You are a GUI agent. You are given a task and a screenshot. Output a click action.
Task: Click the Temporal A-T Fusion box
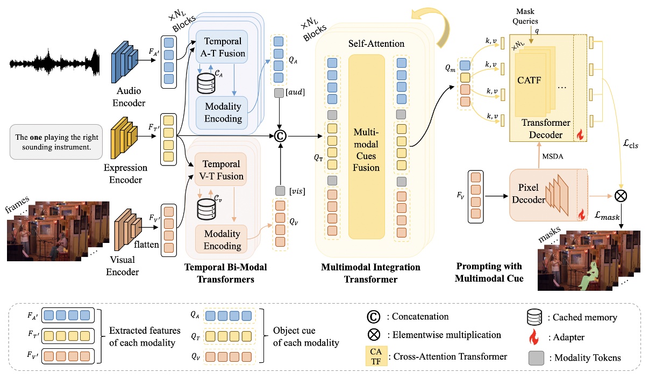221,47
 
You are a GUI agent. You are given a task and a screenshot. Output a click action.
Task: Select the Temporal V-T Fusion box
221,170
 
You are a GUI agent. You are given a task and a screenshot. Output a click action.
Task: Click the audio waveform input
54,63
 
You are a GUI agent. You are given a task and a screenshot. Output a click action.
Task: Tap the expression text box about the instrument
55,141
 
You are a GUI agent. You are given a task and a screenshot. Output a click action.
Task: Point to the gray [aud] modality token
279,94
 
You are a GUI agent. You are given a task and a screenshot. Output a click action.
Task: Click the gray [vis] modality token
280,190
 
